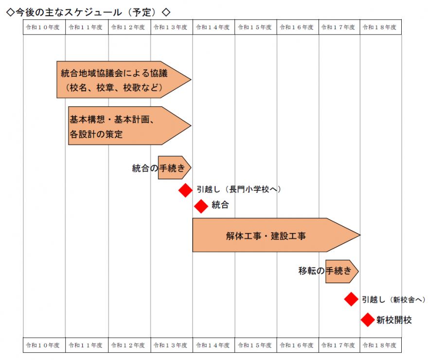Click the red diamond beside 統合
201,206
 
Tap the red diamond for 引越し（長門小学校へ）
186,190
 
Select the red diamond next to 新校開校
368,320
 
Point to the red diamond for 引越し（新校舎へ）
351,299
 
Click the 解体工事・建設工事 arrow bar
276,235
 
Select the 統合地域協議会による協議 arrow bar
124,80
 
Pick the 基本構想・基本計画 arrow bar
130,125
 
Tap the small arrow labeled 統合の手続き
175,168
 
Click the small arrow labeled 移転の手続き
342,272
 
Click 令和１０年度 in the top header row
43,27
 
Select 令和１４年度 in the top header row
213,27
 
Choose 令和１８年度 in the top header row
379,27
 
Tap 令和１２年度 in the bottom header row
128,345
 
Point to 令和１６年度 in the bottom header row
296,345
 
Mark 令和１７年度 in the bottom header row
338,345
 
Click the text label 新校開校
394,320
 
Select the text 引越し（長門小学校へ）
239,189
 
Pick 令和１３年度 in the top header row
170,27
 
